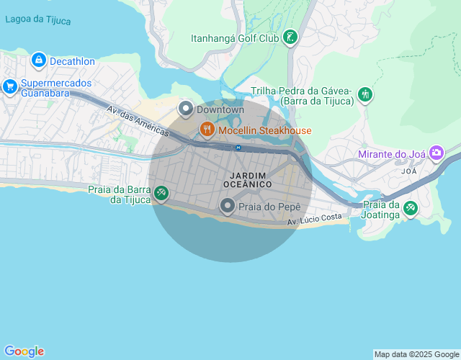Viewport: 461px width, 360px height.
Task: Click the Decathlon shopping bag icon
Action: (39, 60)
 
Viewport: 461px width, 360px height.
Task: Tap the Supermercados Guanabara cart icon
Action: (10, 86)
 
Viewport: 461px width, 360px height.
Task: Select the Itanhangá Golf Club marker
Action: (290, 37)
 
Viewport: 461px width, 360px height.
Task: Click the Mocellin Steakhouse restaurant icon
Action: (207, 130)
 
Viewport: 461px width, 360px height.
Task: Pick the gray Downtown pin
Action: (185, 109)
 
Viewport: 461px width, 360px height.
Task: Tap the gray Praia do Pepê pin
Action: (228, 207)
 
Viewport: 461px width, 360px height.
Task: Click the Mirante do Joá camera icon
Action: (436, 153)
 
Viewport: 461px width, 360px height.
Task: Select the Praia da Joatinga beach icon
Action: (410, 208)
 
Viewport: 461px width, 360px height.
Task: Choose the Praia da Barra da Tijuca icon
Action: (161, 192)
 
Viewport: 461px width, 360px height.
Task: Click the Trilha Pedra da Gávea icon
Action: (365, 94)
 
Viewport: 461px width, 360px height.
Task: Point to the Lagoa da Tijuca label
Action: (37, 20)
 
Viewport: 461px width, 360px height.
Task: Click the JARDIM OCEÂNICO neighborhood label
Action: (247, 180)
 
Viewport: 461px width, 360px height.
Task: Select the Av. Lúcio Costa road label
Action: (314, 217)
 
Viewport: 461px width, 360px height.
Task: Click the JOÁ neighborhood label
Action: (409, 172)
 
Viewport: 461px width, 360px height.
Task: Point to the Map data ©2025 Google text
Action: (416, 354)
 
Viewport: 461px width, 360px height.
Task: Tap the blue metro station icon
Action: (238, 148)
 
